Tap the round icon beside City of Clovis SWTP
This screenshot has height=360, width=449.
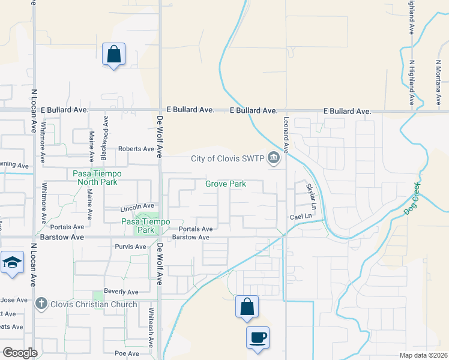coord(274,159)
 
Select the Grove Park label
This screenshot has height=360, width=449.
coord(226,184)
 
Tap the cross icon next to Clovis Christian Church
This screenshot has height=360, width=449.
coord(41,304)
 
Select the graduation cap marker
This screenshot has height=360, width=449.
coord(12,263)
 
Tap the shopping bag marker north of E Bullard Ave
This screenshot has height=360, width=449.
coord(113,54)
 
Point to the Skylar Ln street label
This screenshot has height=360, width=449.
coord(310,195)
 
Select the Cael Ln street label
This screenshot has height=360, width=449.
coord(301,217)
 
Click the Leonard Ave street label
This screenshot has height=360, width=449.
coord(287,134)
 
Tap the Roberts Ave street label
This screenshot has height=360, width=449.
coord(136,149)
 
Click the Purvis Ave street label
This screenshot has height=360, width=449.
coord(130,247)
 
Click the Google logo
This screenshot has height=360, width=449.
coord(20,353)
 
